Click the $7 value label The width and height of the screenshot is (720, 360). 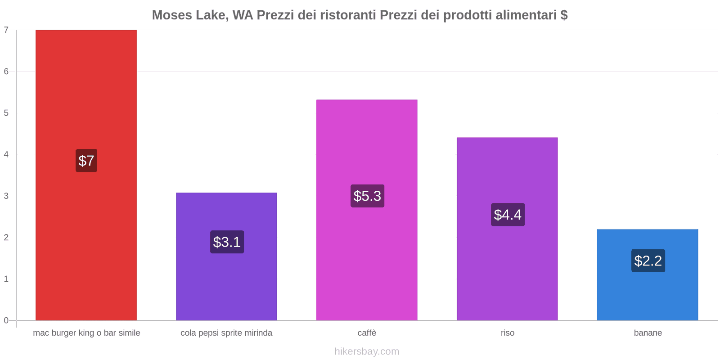[86, 161]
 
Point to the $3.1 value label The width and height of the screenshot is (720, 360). [227, 242]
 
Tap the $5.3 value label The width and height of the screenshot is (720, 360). [367, 196]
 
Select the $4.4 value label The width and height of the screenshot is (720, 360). [508, 215]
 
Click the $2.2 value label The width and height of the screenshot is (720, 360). [648, 261]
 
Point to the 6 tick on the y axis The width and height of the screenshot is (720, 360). [6, 72]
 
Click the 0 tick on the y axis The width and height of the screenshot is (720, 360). [6, 320]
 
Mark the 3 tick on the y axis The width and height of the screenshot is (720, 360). [6, 196]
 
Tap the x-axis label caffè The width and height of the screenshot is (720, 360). [367, 333]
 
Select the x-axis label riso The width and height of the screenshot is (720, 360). [507, 333]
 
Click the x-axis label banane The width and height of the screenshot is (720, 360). [648, 333]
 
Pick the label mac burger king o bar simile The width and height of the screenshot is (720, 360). [86, 333]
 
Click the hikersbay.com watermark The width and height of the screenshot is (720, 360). [367, 351]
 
